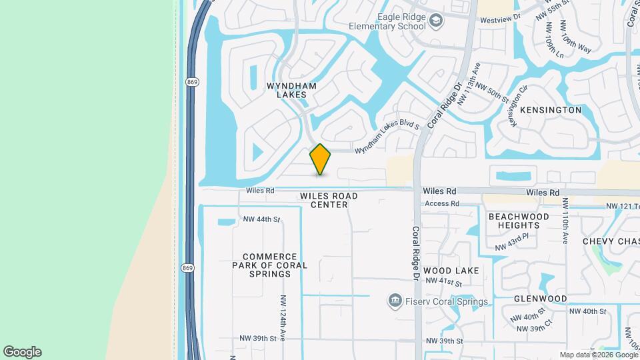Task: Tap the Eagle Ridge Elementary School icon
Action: click(x=436, y=21)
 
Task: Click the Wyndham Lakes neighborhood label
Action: click(x=287, y=90)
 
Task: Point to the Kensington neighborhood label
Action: click(x=551, y=109)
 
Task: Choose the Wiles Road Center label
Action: click(x=329, y=200)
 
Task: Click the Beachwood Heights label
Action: click(x=519, y=221)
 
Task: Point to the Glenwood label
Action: click(x=540, y=299)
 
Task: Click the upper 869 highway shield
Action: click(x=193, y=82)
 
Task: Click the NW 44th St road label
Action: click(x=262, y=219)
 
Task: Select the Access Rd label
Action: click(x=442, y=203)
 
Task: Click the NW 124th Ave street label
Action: click(x=283, y=317)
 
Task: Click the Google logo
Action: click(x=22, y=352)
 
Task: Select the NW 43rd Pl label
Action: click(x=511, y=241)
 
